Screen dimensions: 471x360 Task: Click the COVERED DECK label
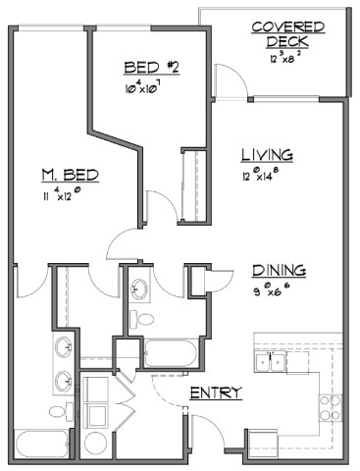[281, 34]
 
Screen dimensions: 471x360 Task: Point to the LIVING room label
[268, 155]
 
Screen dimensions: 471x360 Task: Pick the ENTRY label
[215, 392]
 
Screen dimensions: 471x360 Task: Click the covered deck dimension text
[281, 59]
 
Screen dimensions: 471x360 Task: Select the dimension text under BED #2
[146, 87]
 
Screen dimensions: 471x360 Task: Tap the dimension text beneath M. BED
[63, 195]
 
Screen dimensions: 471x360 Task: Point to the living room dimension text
[266, 177]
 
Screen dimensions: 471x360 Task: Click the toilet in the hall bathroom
[143, 320]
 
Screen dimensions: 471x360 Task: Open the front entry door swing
[206, 433]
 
